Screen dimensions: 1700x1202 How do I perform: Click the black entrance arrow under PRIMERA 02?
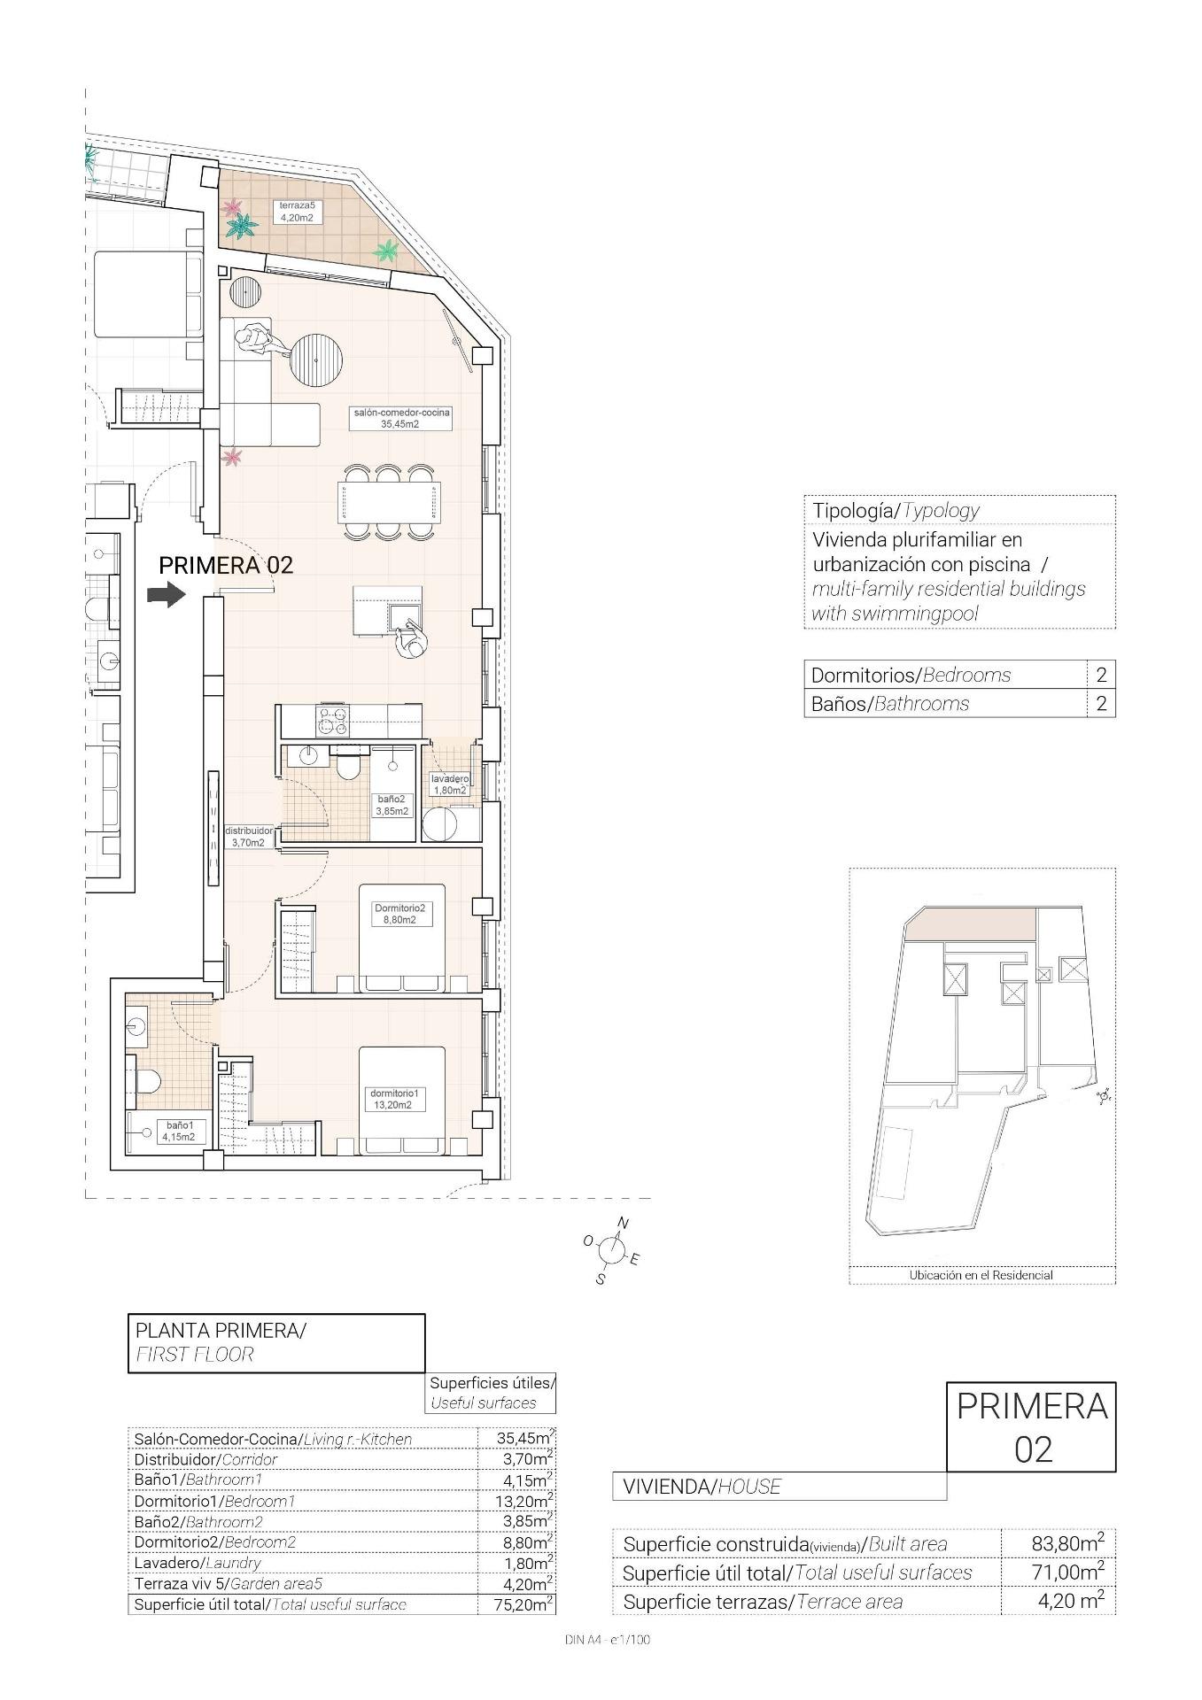166,594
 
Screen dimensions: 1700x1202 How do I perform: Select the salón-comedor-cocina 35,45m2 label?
401,418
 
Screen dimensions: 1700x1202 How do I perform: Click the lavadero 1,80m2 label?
448,784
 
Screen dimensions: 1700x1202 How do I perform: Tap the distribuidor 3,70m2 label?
248,837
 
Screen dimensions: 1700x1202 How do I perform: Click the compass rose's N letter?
623,1225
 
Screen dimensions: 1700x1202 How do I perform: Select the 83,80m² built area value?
1067,1543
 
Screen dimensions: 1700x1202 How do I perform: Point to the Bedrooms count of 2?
1101,675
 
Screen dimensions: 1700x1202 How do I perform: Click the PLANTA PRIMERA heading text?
220,1330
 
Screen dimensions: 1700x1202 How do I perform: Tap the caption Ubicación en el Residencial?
981,1275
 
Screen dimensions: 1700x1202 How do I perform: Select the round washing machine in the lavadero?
439,823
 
